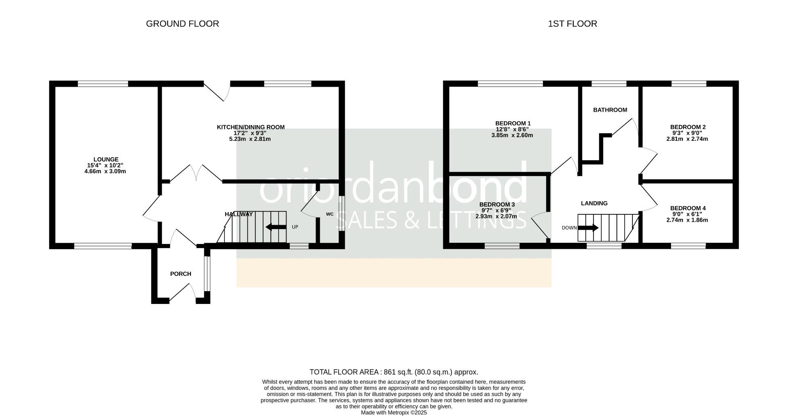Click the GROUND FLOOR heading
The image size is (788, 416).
pyautogui.click(x=182, y=24)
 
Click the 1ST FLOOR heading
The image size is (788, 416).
pyautogui.click(x=572, y=24)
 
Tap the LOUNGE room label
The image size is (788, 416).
pyautogui.click(x=106, y=159)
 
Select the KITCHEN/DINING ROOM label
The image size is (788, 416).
pyautogui.click(x=250, y=127)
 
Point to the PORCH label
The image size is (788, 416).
pyautogui.click(x=181, y=274)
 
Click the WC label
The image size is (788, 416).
pyautogui.click(x=330, y=214)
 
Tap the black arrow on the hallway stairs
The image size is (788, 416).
pyautogui.click(x=276, y=227)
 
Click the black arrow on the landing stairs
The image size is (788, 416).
pyautogui.click(x=588, y=228)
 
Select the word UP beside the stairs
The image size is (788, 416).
pyautogui.click(x=295, y=227)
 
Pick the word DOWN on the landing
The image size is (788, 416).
pyautogui.click(x=569, y=228)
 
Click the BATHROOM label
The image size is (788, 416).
pyautogui.click(x=610, y=110)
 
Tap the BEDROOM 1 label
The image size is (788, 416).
pyautogui.click(x=513, y=123)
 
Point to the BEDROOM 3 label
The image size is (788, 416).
pyautogui.click(x=497, y=205)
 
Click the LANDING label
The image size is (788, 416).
pyautogui.click(x=594, y=203)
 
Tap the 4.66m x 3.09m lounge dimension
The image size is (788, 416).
pyautogui.click(x=105, y=171)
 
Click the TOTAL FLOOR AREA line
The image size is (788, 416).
pyautogui.click(x=394, y=372)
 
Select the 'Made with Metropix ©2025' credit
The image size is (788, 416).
pyautogui.click(x=394, y=412)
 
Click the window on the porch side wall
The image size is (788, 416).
pyautogui.click(x=207, y=274)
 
